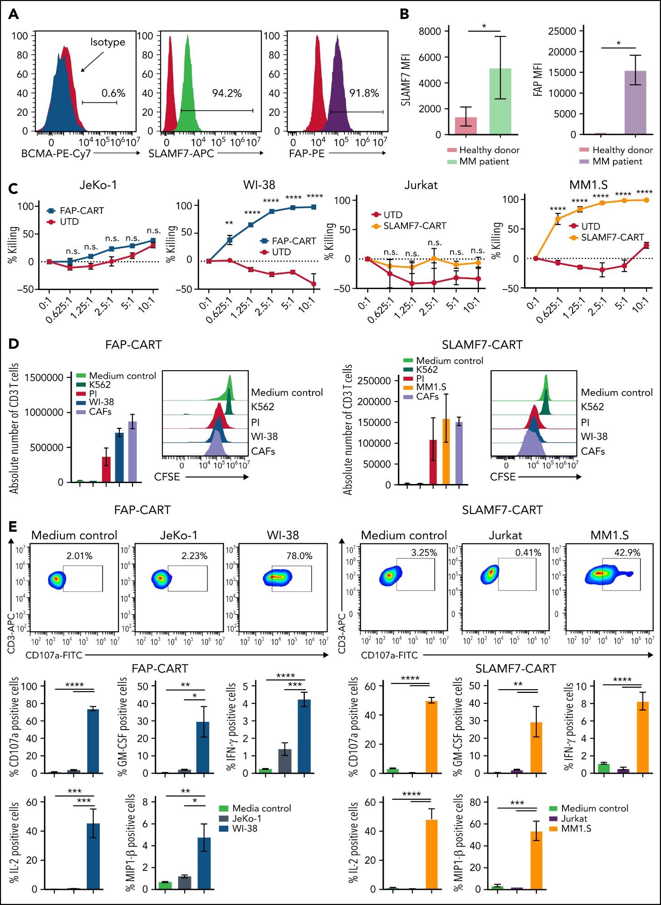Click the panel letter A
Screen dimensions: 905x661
[14, 15]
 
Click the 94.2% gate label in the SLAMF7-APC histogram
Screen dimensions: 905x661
[227, 93]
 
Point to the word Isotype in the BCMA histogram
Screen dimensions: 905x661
[108, 42]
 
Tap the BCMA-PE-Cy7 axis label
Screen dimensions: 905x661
[56, 154]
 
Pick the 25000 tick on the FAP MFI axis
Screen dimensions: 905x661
[563, 31]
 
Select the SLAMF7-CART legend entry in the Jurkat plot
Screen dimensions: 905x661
[415, 226]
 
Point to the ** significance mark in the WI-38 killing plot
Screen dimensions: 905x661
[229, 223]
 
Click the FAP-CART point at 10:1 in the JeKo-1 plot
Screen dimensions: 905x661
[153, 241]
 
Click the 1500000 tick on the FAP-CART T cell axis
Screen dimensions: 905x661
[44, 377]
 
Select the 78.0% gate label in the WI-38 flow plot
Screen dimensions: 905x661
[299, 556]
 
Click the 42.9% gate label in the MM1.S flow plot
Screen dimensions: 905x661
[627, 552]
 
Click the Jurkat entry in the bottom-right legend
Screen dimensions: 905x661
[574, 818]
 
